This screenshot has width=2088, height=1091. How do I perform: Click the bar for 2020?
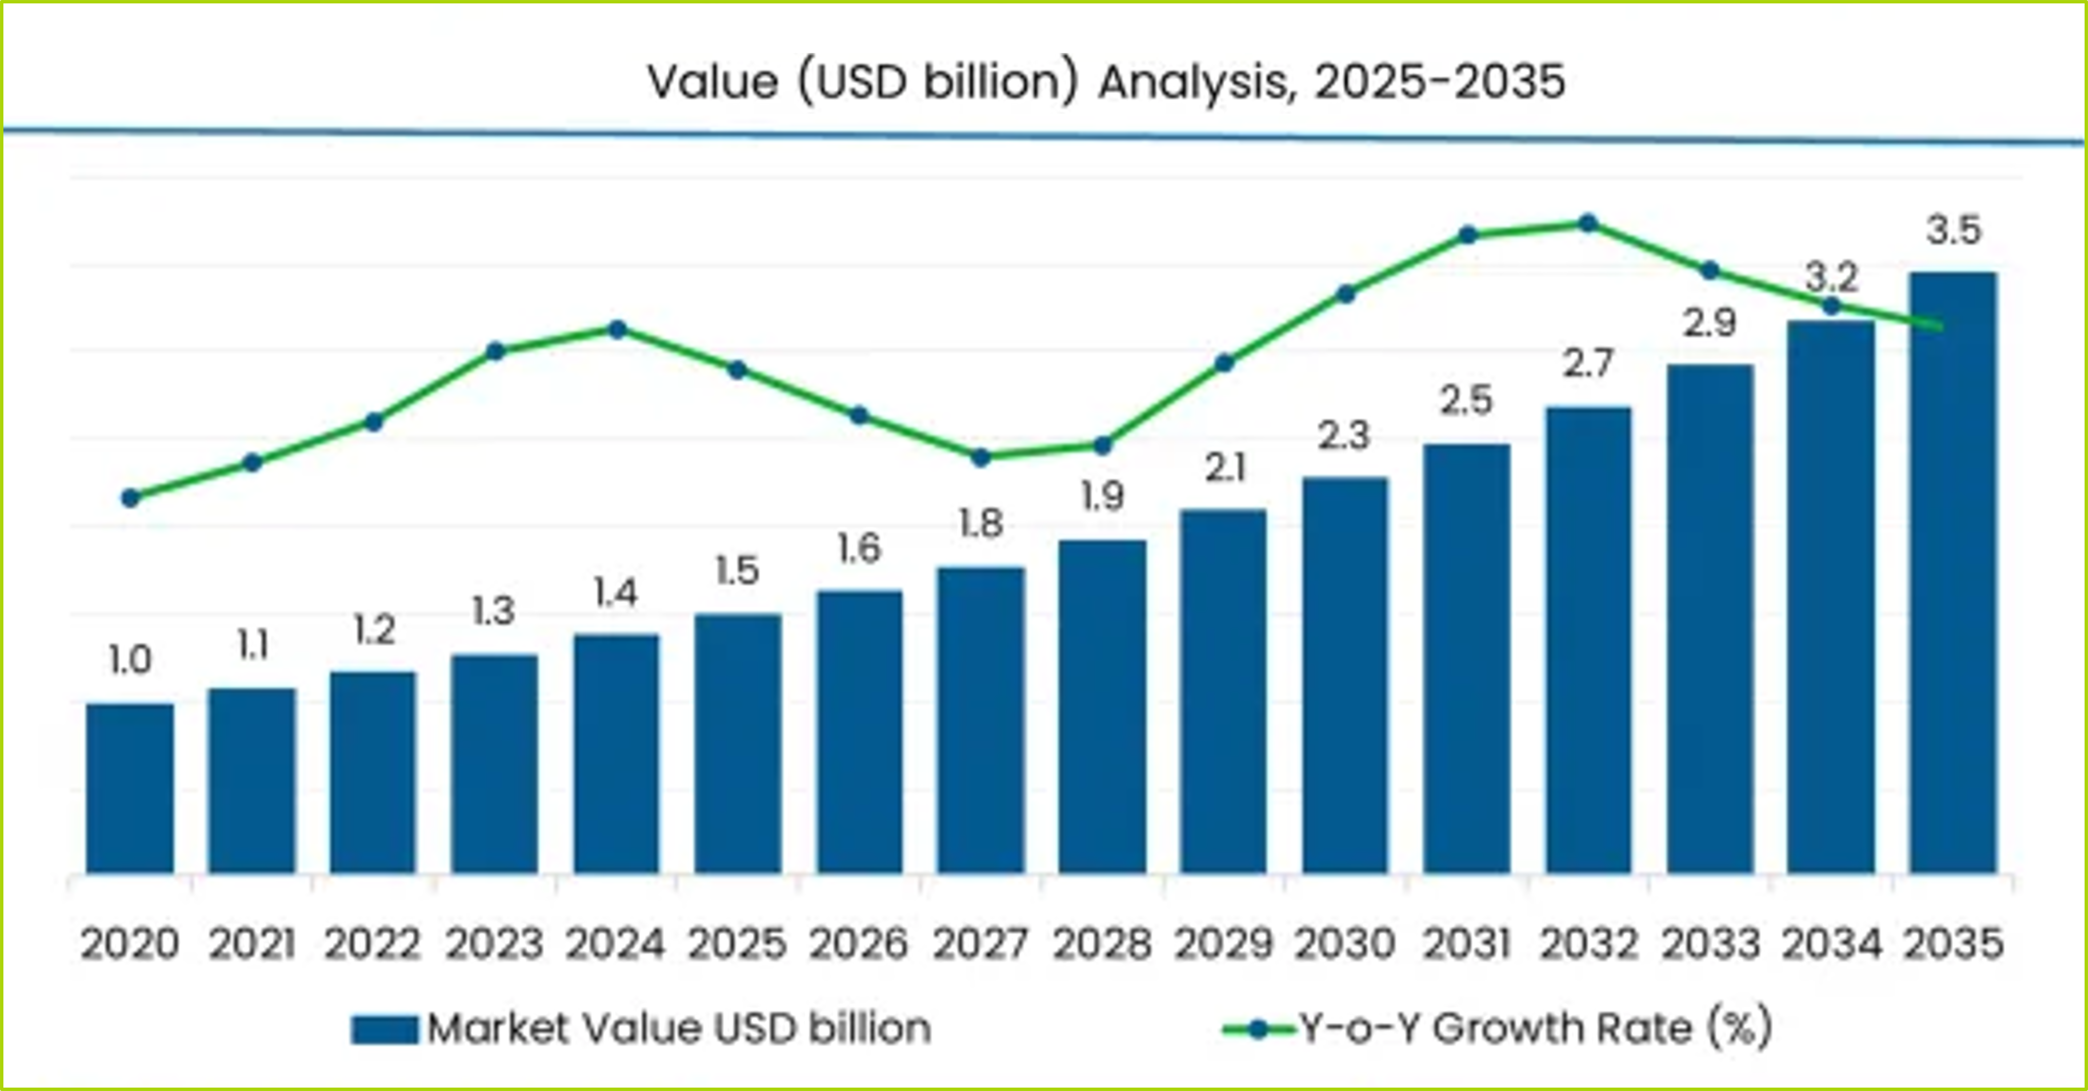(130, 788)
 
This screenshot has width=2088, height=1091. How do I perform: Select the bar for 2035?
(1953, 572)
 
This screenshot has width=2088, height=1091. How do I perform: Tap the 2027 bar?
(981, 720)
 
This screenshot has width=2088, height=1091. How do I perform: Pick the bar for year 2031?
(1466, 658)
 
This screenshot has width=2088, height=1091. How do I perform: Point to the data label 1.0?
(130, 661)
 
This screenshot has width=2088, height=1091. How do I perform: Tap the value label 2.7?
(1588, 364)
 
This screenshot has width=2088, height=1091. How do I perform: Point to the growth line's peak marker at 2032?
(1588, 223)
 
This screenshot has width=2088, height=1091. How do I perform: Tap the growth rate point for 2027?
(981, 457)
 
